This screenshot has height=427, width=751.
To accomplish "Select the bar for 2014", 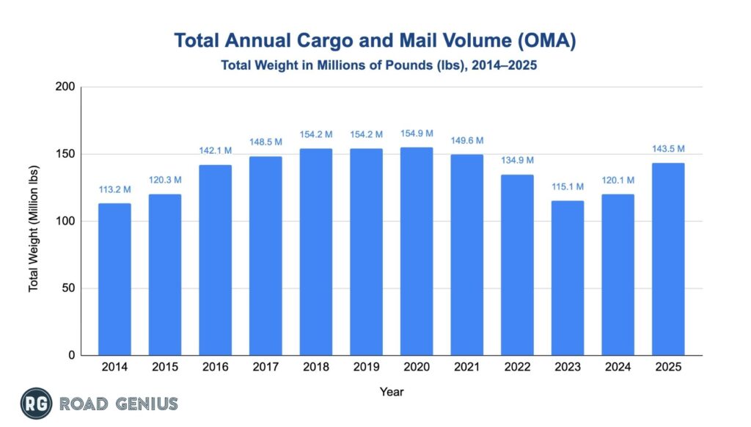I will (114, 280).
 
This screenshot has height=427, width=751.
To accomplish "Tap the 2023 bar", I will (567, 278).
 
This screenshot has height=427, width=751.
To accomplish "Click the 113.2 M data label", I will (114, 190).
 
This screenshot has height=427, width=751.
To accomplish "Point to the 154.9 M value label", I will (416, 134).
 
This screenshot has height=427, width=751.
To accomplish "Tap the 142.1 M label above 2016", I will (215, 151).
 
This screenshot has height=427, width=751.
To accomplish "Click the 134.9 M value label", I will (516, 161).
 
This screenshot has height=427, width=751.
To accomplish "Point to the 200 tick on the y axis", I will (65, 87).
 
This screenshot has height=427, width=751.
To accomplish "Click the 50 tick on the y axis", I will (68, 288).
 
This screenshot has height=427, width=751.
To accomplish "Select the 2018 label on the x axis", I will (315, 368).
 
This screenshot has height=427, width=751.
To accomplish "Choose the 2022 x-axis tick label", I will (516, 368).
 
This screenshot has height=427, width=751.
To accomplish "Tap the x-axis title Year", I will (391, 393).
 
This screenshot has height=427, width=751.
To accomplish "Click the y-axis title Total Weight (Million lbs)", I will (34, 221).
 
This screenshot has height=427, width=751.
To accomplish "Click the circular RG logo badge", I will (34, 403).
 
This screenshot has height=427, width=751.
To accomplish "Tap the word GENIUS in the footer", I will (147, 404).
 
